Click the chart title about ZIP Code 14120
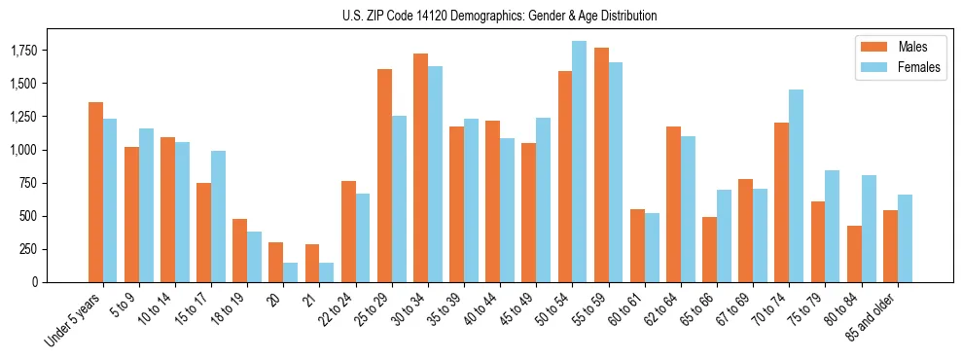tap(500, 16)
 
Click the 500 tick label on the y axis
tap(27, 216)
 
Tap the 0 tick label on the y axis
tap(34, 282)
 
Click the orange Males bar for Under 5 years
tap(95, 192)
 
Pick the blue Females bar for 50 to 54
tap(579, 162)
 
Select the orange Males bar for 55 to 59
tap(601, 164)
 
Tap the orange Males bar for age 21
tap(312, 263)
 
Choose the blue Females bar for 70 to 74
tap(796, 186)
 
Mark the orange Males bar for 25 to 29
tap(384, 175)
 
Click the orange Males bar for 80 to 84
tap(854, 254)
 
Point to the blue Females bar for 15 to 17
tap(218, 216)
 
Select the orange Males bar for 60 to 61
tap(637, 245)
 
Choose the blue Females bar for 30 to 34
tap(435, 174)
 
